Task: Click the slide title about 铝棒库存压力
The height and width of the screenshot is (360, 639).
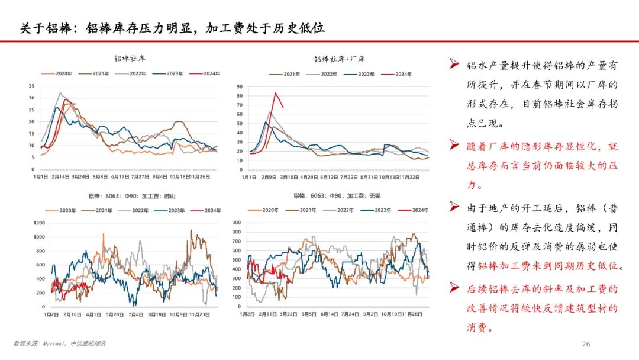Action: click(x=172, y=28)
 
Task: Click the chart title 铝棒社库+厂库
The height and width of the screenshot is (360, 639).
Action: click(x=339, y=59)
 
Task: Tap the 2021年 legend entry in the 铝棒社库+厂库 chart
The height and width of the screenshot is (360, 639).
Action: click(x=287, y=74)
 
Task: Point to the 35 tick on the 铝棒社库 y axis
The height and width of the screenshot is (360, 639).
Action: click(x=31, y=86)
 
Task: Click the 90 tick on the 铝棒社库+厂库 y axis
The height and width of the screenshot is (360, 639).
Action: click(x=240, y=86)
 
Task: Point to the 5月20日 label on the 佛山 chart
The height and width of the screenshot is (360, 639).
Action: click(x=115, y=315)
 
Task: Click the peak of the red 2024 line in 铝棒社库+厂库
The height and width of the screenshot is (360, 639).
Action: click(x=275, y=93)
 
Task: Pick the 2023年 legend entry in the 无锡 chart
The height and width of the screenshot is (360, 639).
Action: click(x=369, y=210)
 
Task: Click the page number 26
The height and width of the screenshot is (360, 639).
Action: click(x=586, y=344)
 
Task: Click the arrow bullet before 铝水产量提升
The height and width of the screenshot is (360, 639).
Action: click(x=454, y=64)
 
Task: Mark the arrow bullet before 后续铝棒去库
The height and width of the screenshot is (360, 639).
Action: click(x=454, y=288)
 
